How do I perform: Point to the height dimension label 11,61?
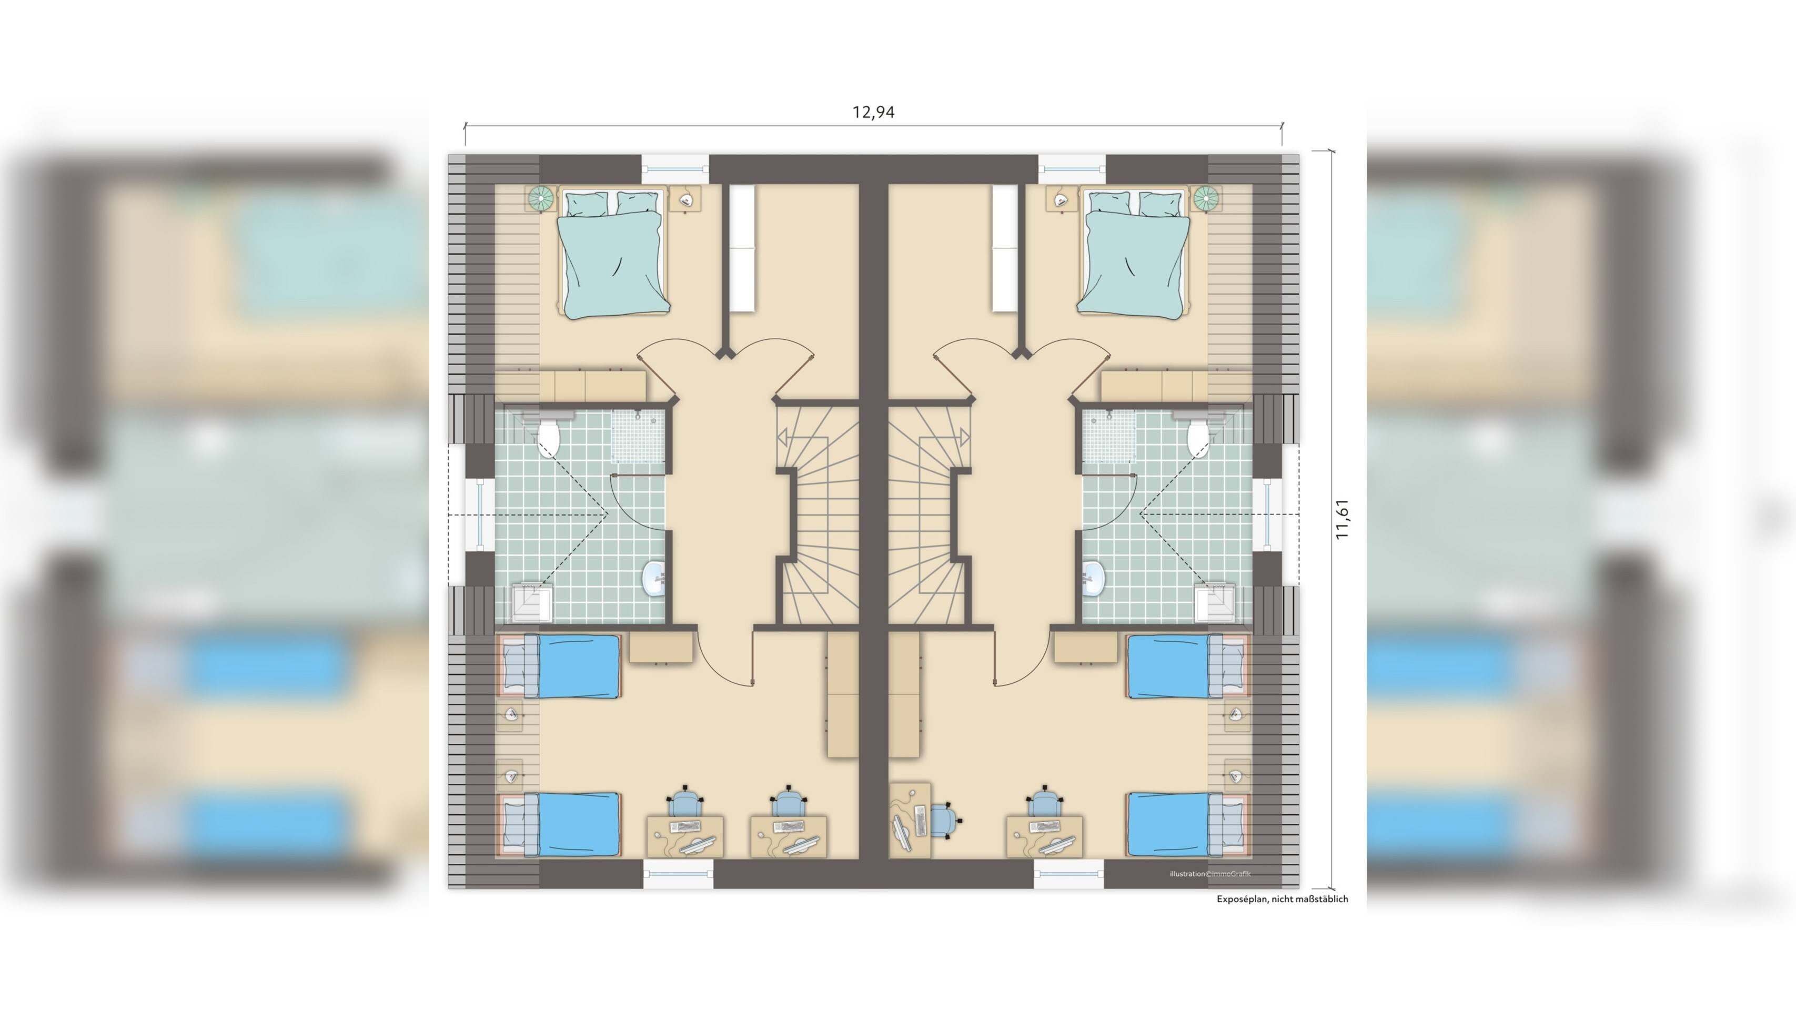click(1342, 519)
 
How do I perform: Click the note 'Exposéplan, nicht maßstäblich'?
click(1282, 899)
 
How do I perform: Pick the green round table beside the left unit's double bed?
click(542, 199)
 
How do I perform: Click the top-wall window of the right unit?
click(1072, 169)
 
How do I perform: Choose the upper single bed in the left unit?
click(561, 665)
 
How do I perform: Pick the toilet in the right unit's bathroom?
click(1198, 433)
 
